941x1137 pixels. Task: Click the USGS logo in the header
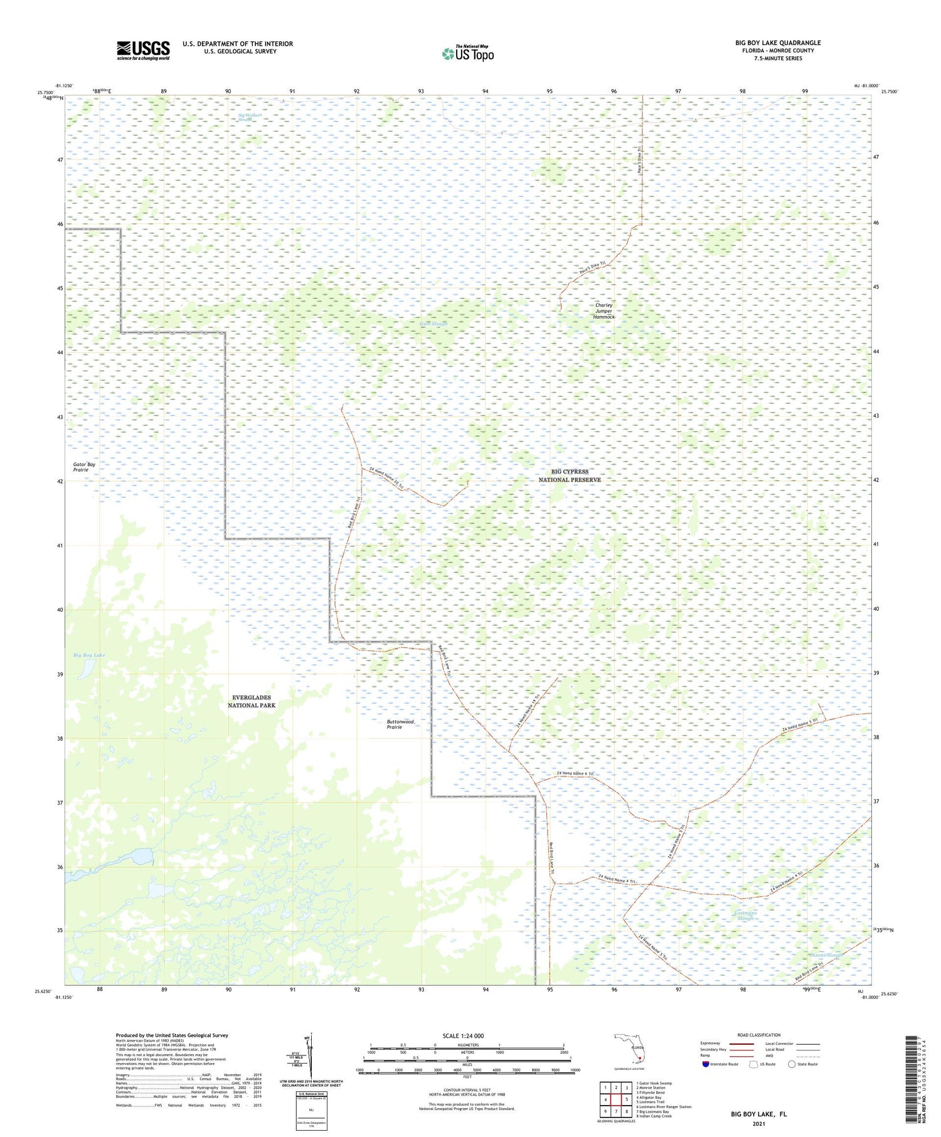pos(143,50)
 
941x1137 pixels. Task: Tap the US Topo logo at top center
pos(468,54)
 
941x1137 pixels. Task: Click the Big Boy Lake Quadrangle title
pos(778,43)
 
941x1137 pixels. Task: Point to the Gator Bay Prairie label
pos(84,467)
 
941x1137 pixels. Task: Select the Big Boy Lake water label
pos(89,655)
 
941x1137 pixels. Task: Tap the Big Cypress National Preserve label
pos(570,475)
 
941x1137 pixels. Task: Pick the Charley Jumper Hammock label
pos(603,311)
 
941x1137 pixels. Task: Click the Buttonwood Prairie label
pos(400,724)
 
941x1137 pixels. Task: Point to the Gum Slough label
pos(433,324)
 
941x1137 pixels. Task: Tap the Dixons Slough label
pos(826,955)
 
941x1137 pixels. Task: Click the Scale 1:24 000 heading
pos(463,1035)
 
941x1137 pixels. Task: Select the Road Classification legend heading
pos(759,1035)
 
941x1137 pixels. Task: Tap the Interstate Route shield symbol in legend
pos(705,1064)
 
